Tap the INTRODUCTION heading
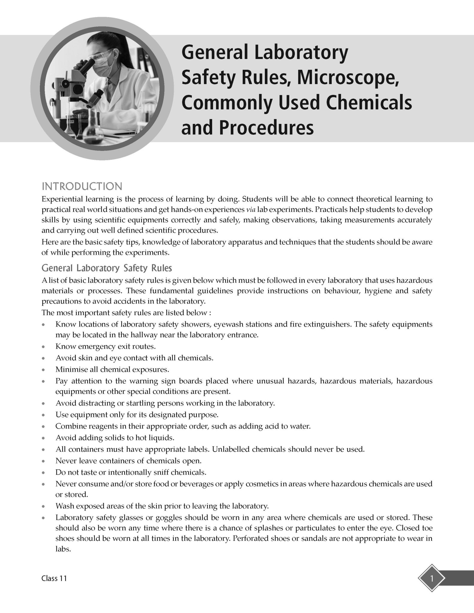(x=82, y=186)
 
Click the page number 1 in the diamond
(x=431, y=578)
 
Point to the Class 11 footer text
(x=54, y=578)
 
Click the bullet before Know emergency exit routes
(x=44, y=347)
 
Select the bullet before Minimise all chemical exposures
(x=44, y=370)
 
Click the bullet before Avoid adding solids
(x=44, y=438)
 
